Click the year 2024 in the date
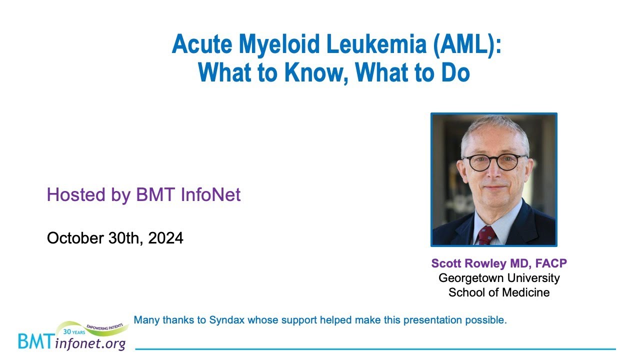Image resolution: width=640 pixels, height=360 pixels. [166, 238]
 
